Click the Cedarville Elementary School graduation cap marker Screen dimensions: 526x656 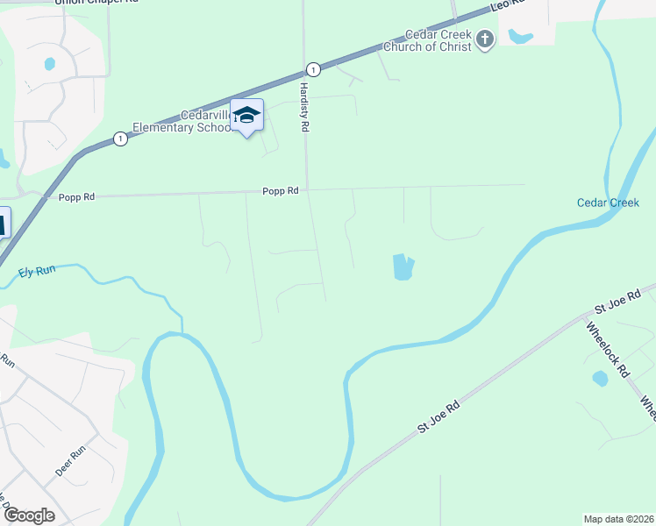point(246,116)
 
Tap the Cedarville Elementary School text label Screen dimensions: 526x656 point(182,121)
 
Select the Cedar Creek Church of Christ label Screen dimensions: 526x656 point(438,40)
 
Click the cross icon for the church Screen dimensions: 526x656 point(488,39)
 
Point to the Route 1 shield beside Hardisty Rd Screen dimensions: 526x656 point(311,68)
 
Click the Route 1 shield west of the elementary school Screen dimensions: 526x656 point(118,139)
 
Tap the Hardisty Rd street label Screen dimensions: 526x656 point(305,107)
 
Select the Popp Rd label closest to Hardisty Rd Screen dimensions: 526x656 point(281,190)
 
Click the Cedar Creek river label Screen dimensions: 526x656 point(608,203)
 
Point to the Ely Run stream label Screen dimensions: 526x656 point(37,272)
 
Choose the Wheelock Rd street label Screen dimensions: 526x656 point(607,349)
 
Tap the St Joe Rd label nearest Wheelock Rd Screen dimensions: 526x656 point(618,303)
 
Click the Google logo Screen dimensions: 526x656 point(29,515)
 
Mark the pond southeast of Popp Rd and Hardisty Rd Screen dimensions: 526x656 point(403,267)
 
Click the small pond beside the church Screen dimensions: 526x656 point(520,37)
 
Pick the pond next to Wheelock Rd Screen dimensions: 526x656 point(600,379)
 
